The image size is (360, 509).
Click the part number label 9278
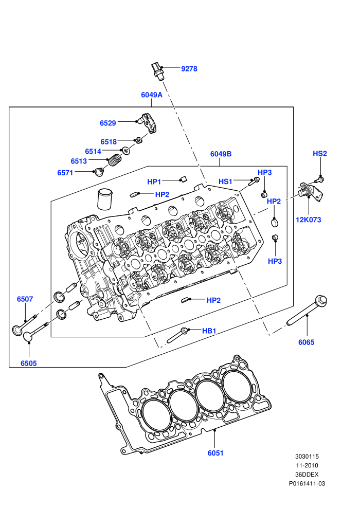[189, 69]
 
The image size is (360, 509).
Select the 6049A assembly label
[152, 95]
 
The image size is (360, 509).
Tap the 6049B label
[221, 154]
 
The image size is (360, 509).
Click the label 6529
[108, 123]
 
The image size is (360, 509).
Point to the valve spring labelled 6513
[114, 160]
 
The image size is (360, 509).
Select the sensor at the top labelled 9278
[157, 71]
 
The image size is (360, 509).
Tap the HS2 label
[320, 154]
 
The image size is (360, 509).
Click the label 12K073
[309, 220]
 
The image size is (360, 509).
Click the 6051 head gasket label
[215, 453]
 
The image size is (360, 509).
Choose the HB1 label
[209, 331]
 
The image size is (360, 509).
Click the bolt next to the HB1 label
[177, 335]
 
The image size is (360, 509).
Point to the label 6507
[25, 299]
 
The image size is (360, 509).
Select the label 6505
[29, 363]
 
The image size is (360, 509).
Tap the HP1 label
[154, 182]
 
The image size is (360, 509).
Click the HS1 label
[226, 181]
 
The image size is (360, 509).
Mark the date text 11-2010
[307, 465]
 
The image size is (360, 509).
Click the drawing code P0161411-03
[307, 484]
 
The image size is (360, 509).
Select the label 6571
[65, 173]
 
